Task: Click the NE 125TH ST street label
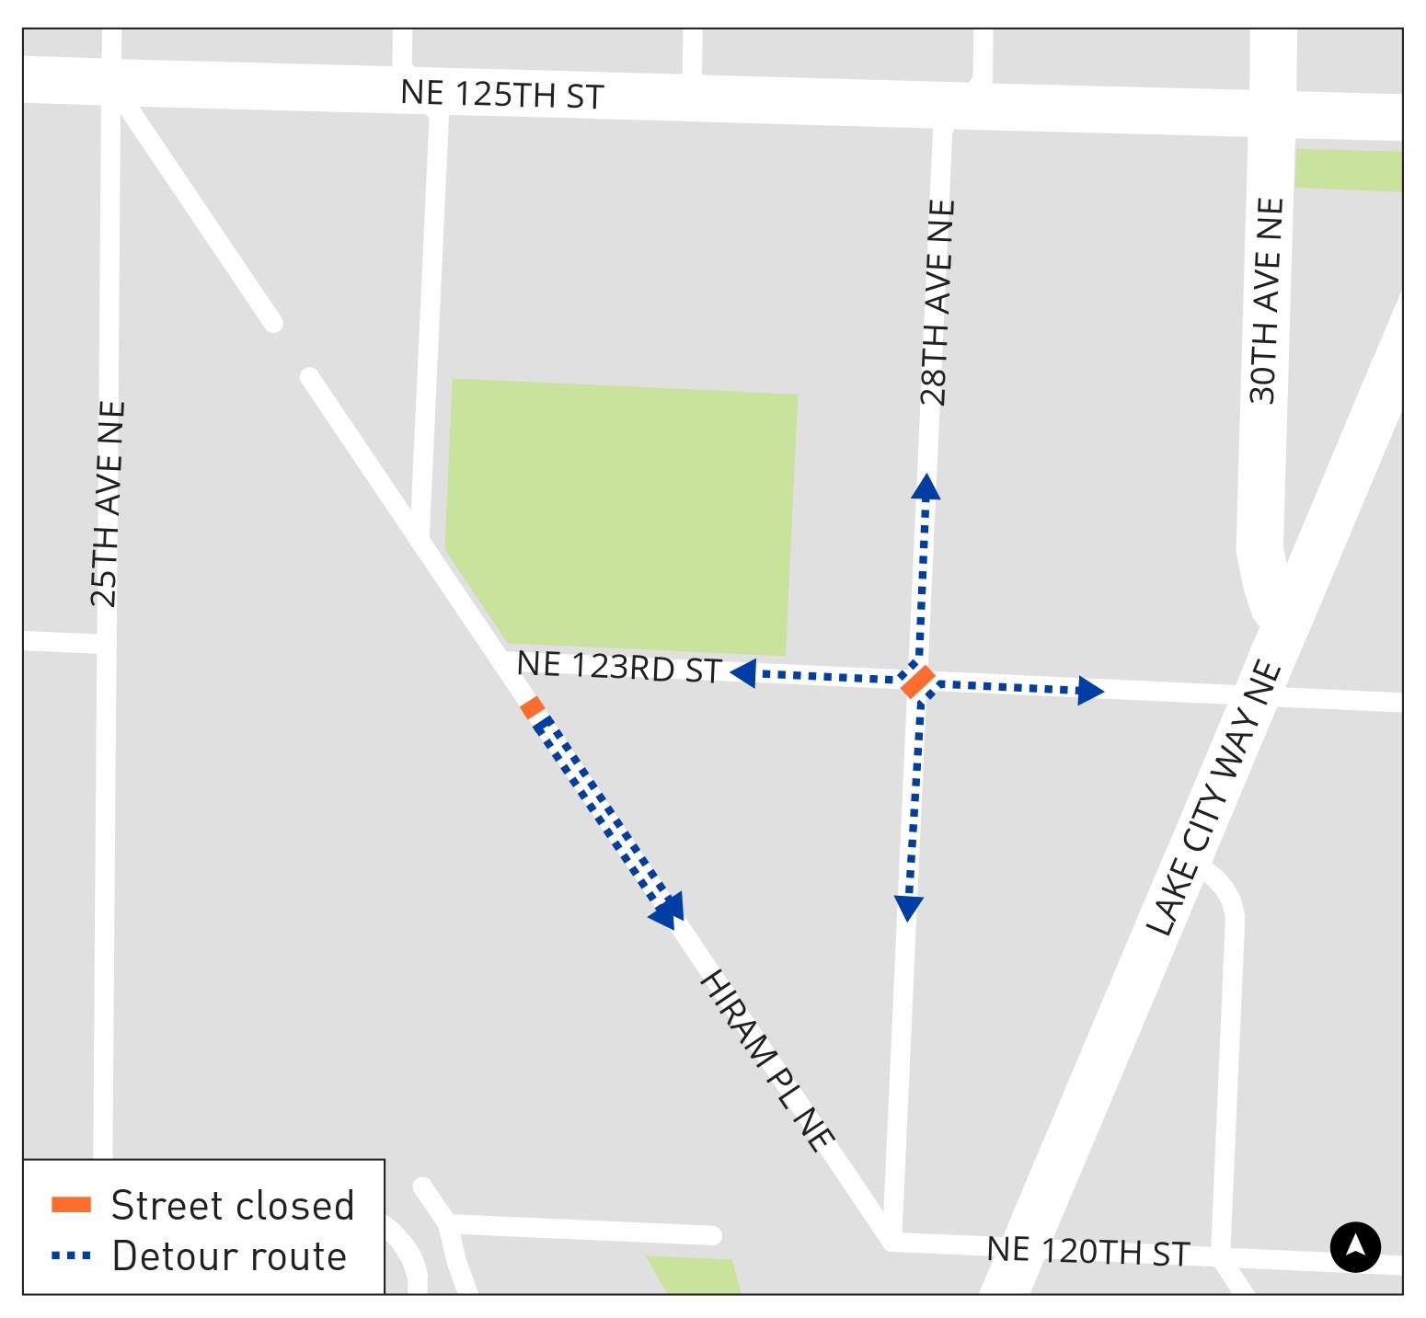click(501, 94)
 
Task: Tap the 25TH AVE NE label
click(107, 504)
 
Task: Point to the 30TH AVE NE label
click(1266, 301)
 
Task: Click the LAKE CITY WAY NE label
click(1213, 798)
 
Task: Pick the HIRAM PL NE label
click(766, 1060)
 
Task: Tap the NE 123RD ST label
click(618, 667)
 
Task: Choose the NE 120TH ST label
click(1087, 1251)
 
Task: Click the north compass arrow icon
click(1355, 1247)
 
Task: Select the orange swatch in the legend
click(71, 1204)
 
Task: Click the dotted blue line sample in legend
click(71, 1255)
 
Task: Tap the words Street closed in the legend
click(232, 1205)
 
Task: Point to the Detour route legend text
click(228, 1256)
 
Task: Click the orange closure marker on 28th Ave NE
click(917, 682)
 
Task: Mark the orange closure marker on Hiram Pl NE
click(532, 707)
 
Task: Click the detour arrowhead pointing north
click(926, 486)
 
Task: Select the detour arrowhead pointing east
click(1090, 690)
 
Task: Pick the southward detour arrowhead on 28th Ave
click(908, 909)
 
